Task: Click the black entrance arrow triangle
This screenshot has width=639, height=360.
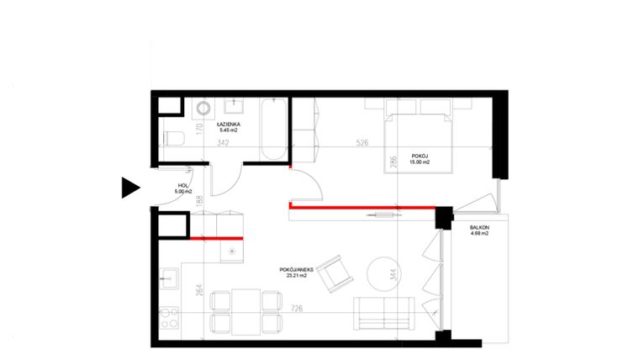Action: pos(129,188)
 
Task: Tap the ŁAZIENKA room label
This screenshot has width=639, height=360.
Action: pos(229,126)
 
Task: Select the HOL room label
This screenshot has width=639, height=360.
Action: pos(184,189)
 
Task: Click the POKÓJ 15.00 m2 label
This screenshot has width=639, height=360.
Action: pos(420,159)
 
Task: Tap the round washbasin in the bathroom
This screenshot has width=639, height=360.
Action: pos(203,110)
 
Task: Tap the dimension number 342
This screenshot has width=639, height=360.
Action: pos(224,143)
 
